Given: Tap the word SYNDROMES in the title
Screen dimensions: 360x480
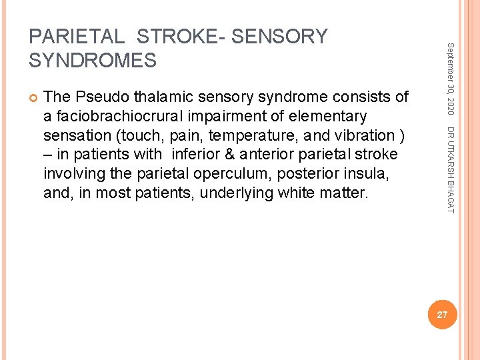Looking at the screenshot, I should pos(93,61).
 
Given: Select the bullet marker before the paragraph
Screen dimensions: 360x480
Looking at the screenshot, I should pos(33,97).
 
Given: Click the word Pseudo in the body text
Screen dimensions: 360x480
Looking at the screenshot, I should pos(96,97).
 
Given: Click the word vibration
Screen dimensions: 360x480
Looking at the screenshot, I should pos(366,136).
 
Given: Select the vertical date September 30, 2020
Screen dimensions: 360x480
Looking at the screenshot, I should pos(450,77).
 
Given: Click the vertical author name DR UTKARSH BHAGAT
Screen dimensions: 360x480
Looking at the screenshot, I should pos(450,170).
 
